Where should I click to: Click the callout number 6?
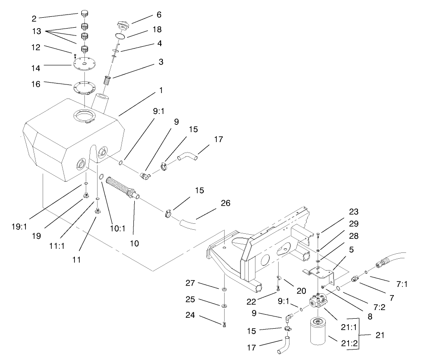click(159, 15)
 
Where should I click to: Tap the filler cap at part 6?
click(123, 24)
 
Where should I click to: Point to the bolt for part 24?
click(224, 324)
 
